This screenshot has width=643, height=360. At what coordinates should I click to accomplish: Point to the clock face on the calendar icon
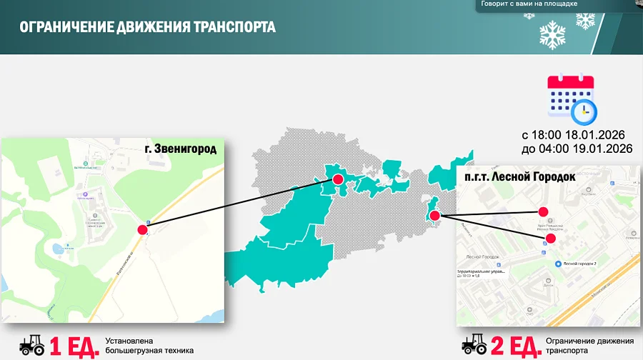[584, 111]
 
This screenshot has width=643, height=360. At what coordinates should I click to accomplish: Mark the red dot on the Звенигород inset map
[142, 229]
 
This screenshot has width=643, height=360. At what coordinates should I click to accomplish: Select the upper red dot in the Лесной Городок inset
[542, 212]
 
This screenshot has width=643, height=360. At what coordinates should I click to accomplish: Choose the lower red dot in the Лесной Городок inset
[550, 239]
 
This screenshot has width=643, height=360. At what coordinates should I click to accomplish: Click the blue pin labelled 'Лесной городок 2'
[559, 263]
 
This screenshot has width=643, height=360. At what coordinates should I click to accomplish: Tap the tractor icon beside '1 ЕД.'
[31, 346]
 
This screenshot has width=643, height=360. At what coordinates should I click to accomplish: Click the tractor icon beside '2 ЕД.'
[474, 346]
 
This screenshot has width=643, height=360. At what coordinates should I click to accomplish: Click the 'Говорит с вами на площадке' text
[529, 4]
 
